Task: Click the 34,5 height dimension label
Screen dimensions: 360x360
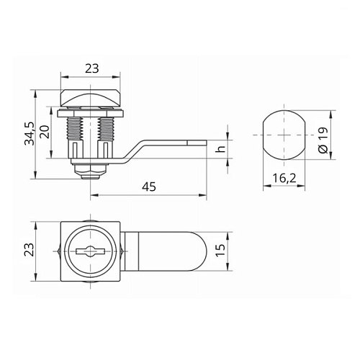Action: click(x=30, y=133)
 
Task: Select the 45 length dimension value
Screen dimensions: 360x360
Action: click(x=149, y=186)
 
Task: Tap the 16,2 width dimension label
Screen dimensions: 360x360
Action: click(x=284, y=178)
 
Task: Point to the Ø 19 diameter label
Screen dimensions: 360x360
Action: click(x=323, y=140)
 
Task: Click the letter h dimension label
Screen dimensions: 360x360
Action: click(x=220, y=149)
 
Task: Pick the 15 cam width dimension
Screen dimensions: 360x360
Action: click(x=220, y=251)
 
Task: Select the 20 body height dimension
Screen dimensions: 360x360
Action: click(x=45, y=132)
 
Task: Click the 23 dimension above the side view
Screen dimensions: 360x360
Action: click(x=92, y=68)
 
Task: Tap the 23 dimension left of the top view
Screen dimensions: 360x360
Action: click(x=30, y=250)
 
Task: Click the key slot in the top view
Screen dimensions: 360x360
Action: click(x=90, y=251)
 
